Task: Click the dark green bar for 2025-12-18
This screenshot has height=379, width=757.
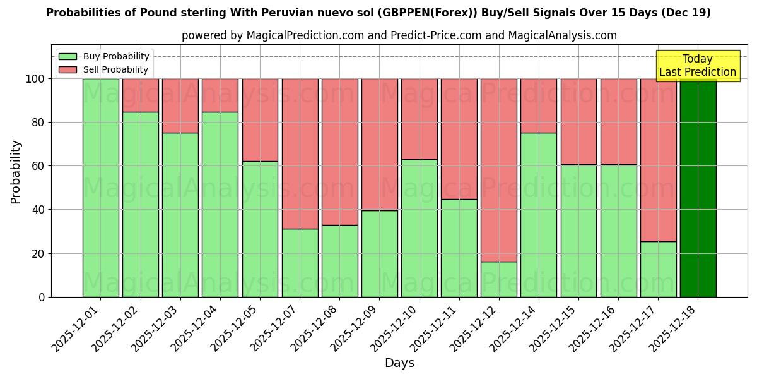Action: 698,188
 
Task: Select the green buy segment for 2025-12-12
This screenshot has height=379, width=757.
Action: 499,279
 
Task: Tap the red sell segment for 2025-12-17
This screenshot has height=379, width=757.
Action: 658,160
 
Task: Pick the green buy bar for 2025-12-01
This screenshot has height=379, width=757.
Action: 101,188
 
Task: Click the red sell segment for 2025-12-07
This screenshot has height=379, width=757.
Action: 300,153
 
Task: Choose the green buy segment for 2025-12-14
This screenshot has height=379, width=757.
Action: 539,215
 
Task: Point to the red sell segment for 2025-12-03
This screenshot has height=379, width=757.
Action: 180,105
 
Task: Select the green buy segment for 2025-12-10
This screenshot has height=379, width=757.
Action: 420,228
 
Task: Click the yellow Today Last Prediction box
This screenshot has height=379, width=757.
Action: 698,66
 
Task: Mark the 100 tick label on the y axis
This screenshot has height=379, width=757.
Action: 35,79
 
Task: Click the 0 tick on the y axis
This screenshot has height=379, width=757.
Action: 42,297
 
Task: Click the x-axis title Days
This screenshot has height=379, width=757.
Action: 399,363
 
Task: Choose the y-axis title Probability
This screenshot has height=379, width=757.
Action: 16,172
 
